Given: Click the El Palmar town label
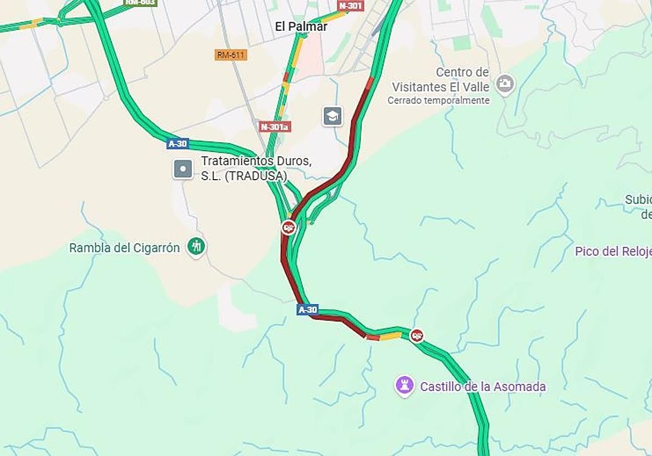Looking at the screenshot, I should [x=301, y=26].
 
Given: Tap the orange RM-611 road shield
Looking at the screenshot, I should [x=231, y=55].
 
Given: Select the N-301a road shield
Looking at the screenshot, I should [x=275, y=127].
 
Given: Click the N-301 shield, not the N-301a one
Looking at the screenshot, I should [x=350, y=6].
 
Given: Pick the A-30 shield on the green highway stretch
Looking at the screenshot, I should [x=178, y=144].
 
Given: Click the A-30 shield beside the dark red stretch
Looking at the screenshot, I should [x=307, y=309].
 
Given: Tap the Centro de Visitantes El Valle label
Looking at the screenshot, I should [x=440, y=79].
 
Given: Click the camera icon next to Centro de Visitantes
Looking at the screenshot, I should [x=505, y=83].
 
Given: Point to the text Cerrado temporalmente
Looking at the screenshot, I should [x=438, y=100].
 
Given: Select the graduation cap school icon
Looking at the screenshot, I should [x=332, y=116].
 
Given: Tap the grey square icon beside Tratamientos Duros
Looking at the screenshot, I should [x=183, y=169].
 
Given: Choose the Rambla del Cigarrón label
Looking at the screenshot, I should [x=124, y=248].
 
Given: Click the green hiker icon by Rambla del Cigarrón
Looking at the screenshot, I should [x=197, y=247].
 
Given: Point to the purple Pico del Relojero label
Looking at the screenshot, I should [x=613, y=251].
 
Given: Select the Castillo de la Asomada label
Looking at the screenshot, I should [x=482, y=387].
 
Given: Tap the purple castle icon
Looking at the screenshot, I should [x=404, y=385].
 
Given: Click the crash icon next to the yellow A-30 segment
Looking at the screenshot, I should [x=417, y=335].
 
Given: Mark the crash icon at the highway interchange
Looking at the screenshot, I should [x=289, y=227].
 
